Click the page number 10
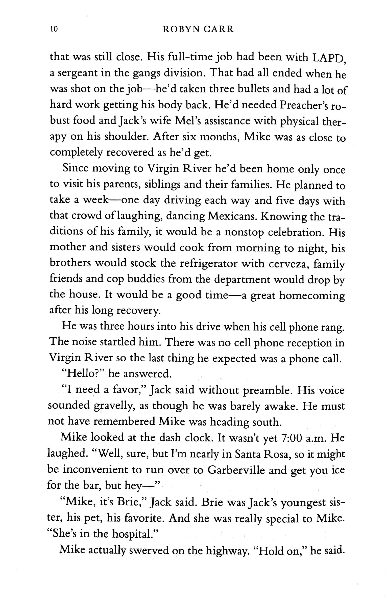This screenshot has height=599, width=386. pyautogui.click(x=54, y=29)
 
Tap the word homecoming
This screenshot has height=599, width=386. pyautogui.click(x=312, y=295)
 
